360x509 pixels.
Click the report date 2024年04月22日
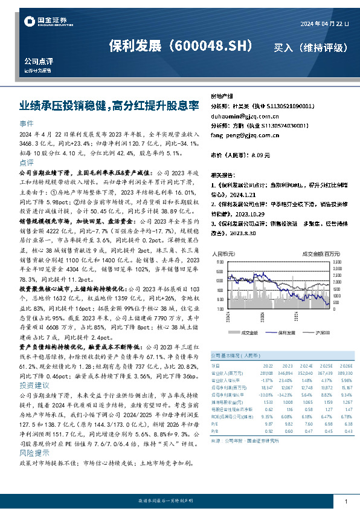(324, 24)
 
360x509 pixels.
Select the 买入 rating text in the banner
(285, 47)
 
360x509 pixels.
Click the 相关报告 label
(220, 172)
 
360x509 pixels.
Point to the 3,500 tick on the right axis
(338, 262)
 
